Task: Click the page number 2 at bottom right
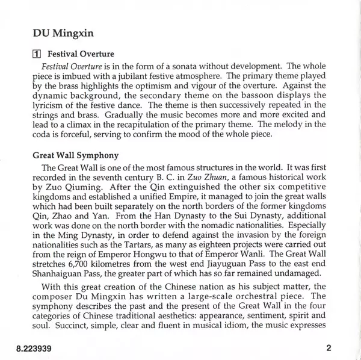(328, 348)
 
